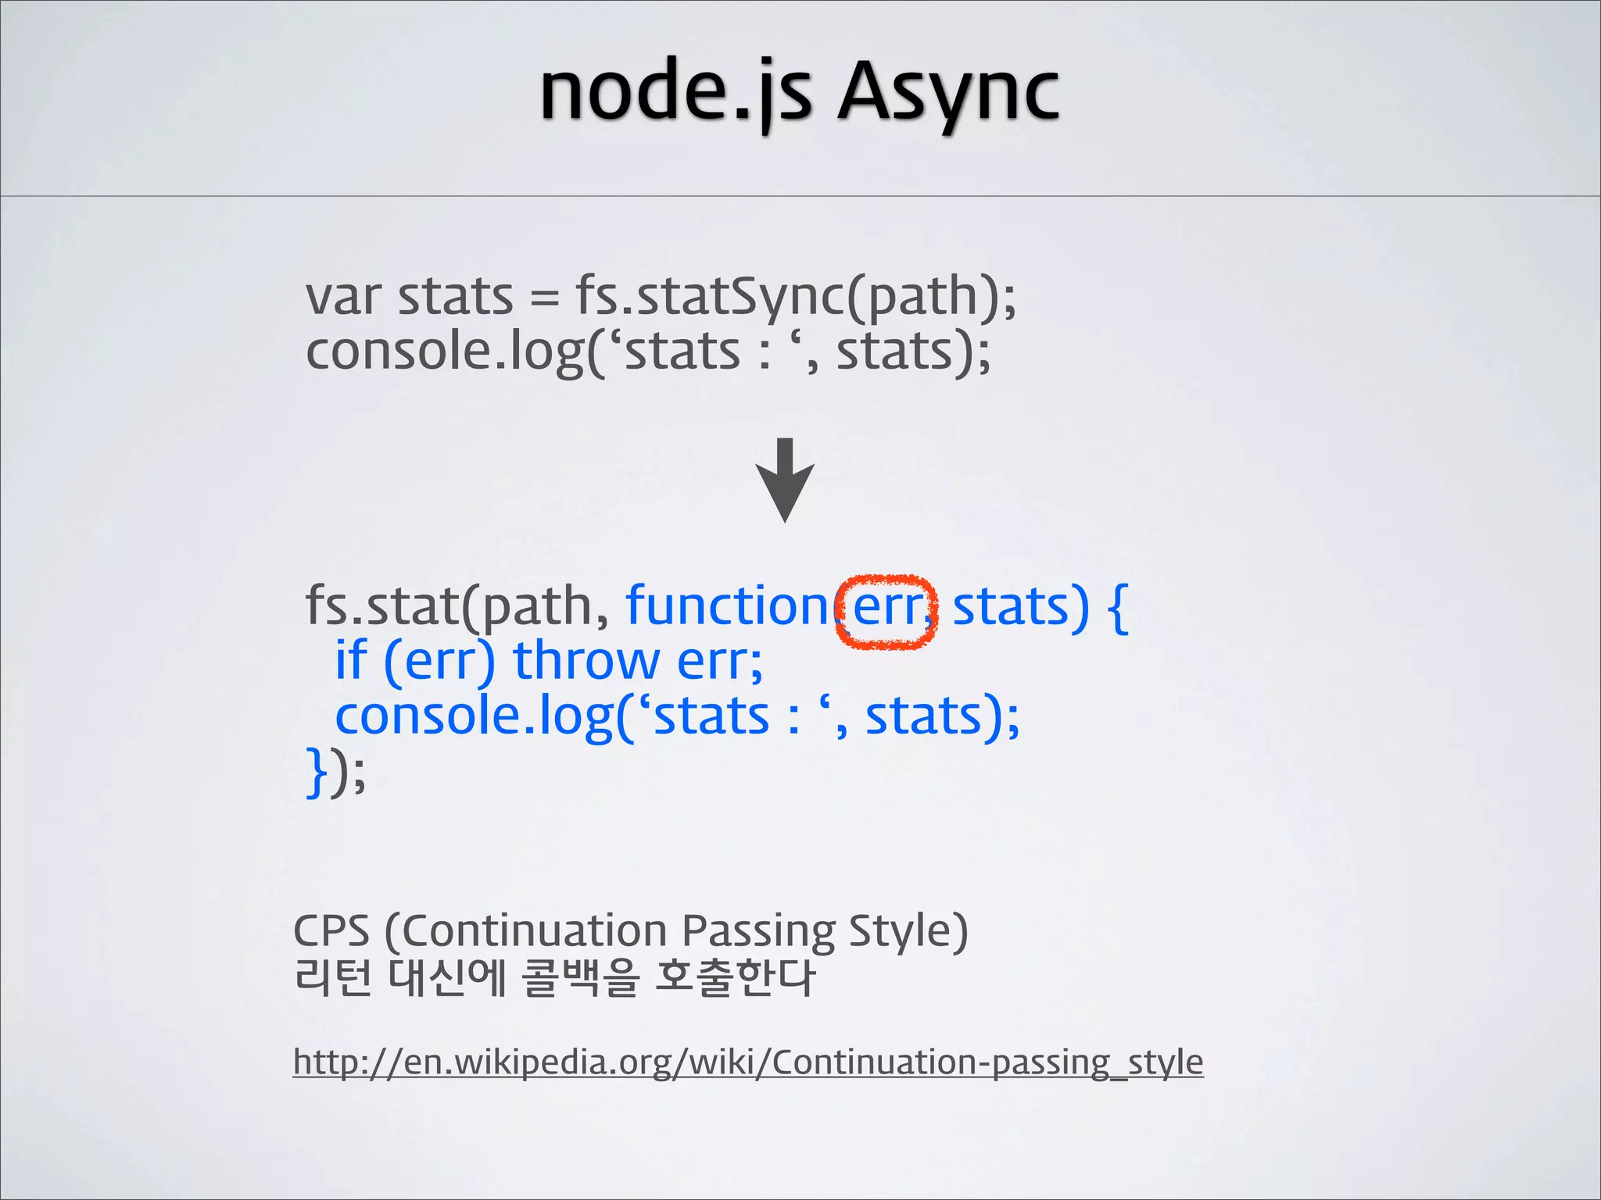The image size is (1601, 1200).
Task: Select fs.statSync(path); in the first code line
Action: tap(796, 298)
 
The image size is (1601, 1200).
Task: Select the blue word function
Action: tap(727, 606)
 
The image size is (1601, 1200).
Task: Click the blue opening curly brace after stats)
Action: tap(1119, 608)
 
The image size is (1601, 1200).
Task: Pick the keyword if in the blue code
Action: tap(351, 661)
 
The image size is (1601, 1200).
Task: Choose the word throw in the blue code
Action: tap(586, 661)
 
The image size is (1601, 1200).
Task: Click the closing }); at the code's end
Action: tap(335, 772)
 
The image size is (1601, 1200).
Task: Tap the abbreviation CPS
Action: tap(331, 931)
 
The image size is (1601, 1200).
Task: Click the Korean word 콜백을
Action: tap(580, 978)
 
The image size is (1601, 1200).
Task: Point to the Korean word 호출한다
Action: tap(735, 978)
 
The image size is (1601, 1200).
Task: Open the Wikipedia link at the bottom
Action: tap(748, 1062)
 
